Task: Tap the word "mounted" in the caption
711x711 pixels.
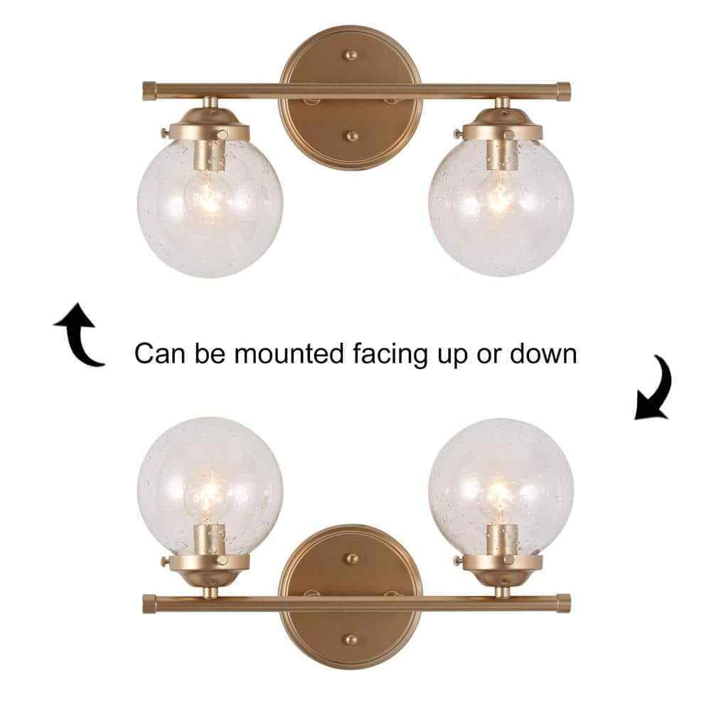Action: click(289, 353)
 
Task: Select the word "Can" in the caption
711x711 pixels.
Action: click(160, 353)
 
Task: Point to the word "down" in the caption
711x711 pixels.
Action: click(543, 353)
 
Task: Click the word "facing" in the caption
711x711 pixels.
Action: click(390, 355)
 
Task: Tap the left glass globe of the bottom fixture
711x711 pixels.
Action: click(210, 488)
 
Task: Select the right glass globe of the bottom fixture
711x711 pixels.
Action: click(501, 488)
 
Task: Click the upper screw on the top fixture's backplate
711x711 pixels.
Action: click(351, 55)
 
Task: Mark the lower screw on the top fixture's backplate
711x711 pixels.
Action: click(351, 136)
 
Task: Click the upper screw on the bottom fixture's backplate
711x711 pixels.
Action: click(351, 558)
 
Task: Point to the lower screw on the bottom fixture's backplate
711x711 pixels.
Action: click(351, 640)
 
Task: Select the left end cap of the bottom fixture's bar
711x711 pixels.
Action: click(149, 604)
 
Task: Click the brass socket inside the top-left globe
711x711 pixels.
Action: click(209, 155)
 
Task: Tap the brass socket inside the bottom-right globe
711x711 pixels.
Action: click(501, 540)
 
